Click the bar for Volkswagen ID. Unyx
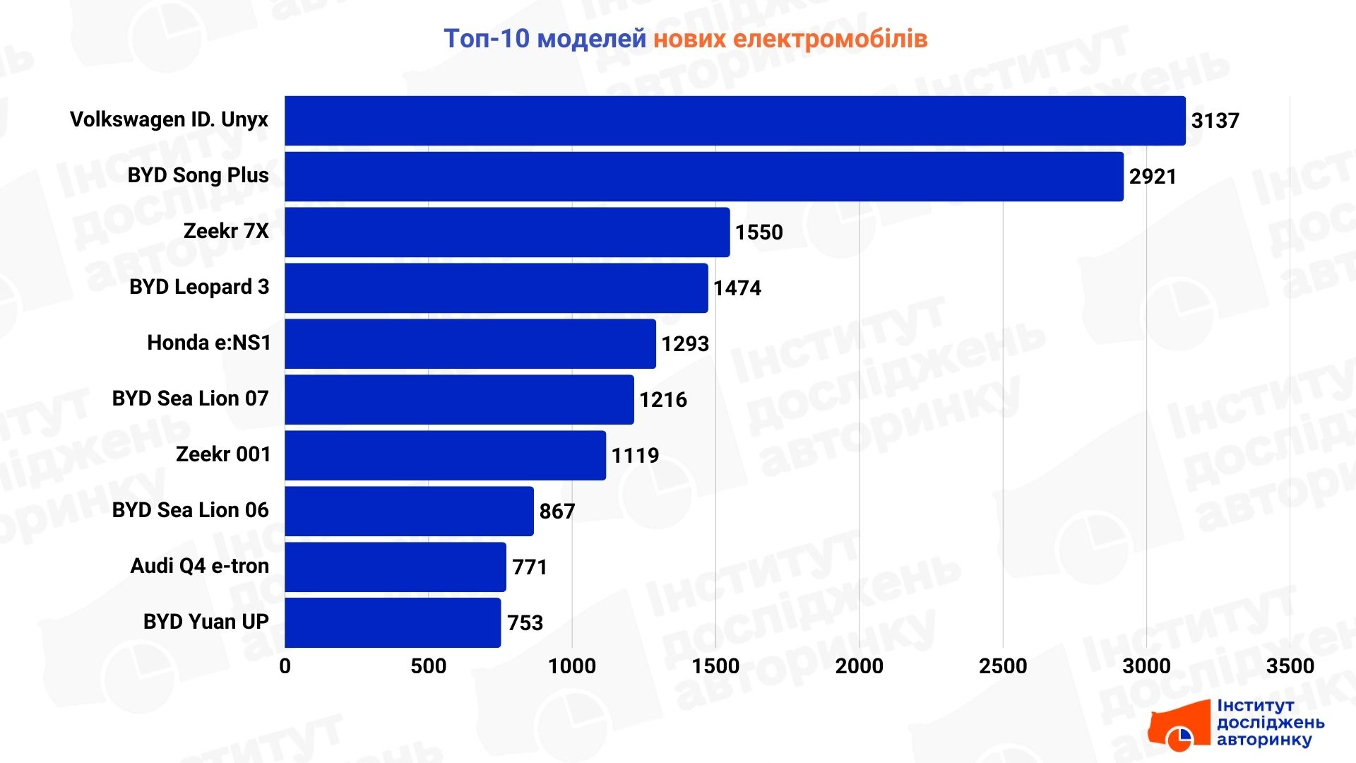click(734, 121)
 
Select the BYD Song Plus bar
click(703, 177)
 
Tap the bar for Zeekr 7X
click(507, 232)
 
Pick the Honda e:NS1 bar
click(470, 344)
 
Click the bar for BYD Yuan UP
click(393, 622)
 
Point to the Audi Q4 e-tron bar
click(395, 567)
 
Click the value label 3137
click(1215, 121)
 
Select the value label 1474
click(737, 288)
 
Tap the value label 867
click(557, 511)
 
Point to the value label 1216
click(662, 400)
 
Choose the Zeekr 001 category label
click(222, 454)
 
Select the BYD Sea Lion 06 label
click(190, 510)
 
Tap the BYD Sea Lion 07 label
click(190, 398)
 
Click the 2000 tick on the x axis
click(859, 666)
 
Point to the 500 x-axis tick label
click(428, 666)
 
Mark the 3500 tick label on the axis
click(1290, 666)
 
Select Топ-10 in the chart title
click(486, 39)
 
